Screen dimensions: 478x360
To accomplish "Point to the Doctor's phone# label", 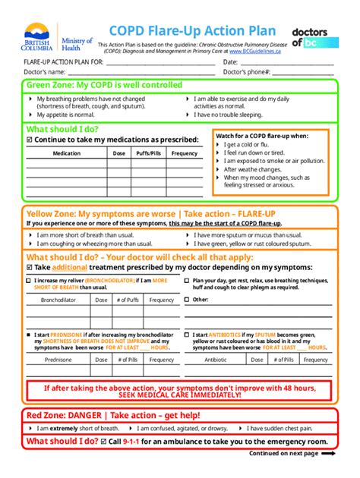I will click(x=247, y=72).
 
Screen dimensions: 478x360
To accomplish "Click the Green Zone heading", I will click(x=104, y=86).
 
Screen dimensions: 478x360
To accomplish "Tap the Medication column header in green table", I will click(x=66, y=153).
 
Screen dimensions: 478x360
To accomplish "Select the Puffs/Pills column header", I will click(x=148, y=153).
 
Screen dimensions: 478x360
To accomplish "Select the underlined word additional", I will click(x=70, y=268).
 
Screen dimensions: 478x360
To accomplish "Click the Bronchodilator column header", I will click(x=58, y=300).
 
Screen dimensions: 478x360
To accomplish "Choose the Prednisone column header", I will click(x=58, y=360).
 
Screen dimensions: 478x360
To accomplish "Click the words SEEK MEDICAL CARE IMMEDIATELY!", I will click(x=180, y=395).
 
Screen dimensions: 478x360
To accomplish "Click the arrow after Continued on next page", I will click(x=329, y=453).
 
